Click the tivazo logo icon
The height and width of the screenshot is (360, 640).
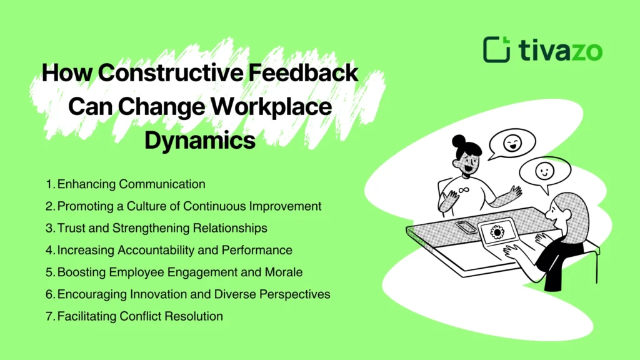pyautogui.click(x=497, y=49)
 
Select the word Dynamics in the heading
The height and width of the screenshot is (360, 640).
pyautogui.click(x=200, y=139)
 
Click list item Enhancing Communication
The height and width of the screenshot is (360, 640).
pyautogui.click(x=131, y=184)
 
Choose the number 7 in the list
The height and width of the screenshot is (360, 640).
pyautogui.click(x=49, y=316)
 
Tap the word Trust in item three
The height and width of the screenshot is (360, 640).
pyautogui.click(x=71, y=228)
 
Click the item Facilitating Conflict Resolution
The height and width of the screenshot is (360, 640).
pyautogui.click(x=140, y=316)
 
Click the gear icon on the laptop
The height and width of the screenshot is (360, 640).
pyautogui.click(x=497, y=233)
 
